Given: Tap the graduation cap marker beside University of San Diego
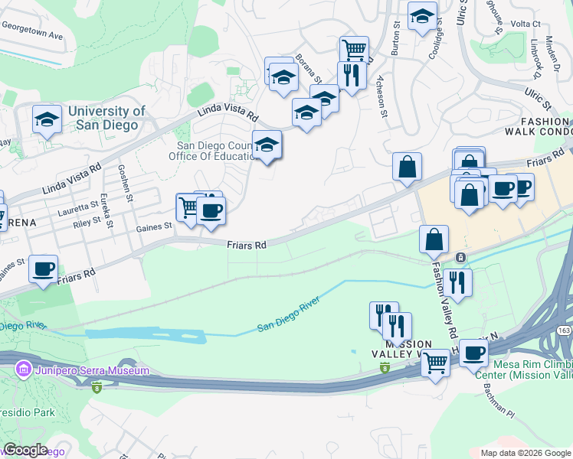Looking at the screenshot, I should tap(47, 119).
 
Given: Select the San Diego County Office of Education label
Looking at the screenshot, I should tap(213, 151).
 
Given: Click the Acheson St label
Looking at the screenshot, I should tap(381, 99).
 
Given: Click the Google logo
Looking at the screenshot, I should tap(26, 450).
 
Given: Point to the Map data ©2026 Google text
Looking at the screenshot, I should tap(525, 453).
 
